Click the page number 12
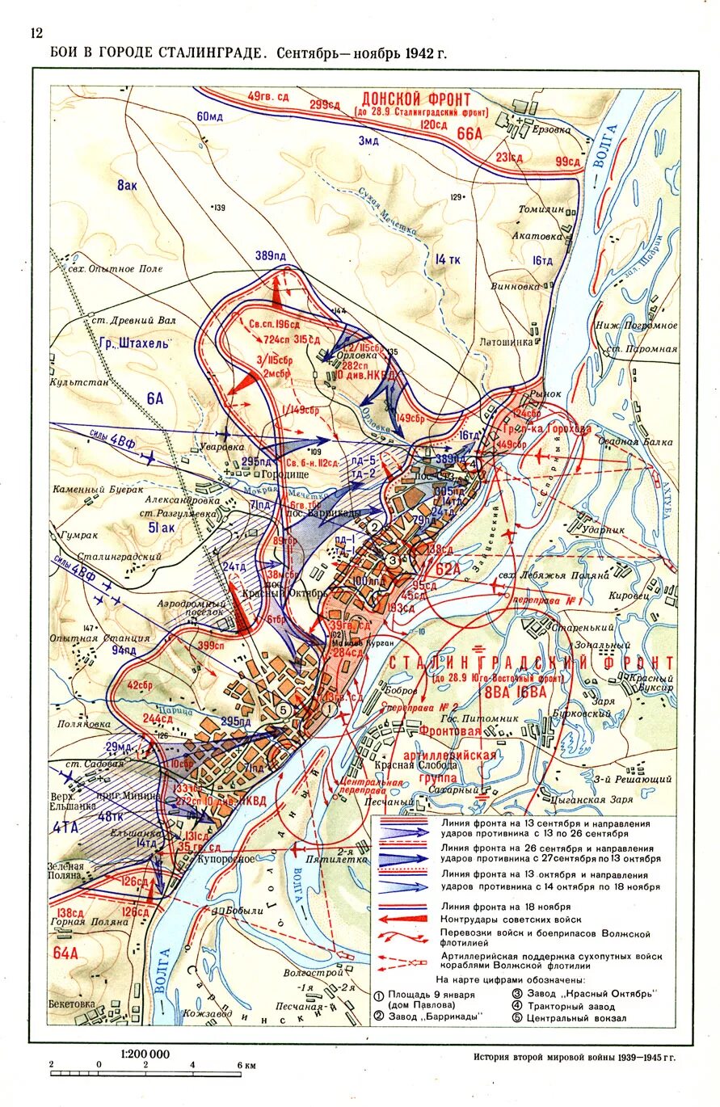point(36,33)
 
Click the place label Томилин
point(541,208)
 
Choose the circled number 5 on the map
point(282,709)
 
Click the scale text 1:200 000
point(145,1054)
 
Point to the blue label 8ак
point(127,185)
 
